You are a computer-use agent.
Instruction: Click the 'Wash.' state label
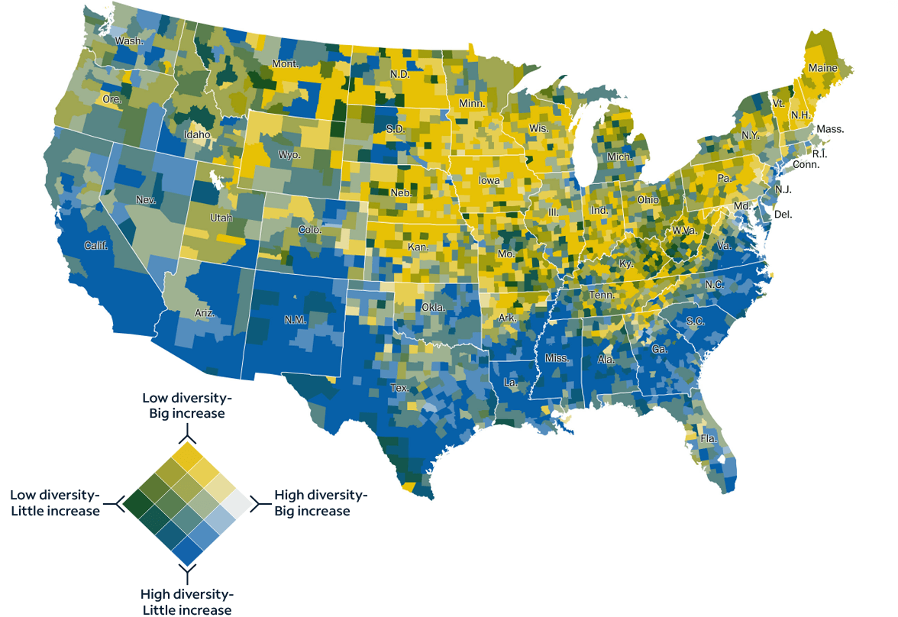[129, 40]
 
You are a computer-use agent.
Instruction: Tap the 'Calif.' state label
[96, 246]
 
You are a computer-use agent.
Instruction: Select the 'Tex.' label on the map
[400, 388]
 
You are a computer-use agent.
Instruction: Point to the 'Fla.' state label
[709, 439]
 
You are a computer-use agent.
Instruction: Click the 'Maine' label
[822, 68]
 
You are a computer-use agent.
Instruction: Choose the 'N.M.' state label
[295, 320]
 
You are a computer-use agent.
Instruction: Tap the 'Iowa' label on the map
[489, 181]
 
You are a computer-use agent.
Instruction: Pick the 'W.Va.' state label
[684, 231]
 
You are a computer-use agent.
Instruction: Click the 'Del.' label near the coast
[783, 215]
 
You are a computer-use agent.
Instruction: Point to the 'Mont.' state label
[286, 64]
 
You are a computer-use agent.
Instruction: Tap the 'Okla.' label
[434, 307]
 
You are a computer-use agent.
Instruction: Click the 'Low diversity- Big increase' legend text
[187, 405]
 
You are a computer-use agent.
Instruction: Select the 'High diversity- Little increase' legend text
[187, 602]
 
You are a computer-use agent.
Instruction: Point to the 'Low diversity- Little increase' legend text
[54, 502]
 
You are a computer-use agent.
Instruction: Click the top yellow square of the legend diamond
[187, 457]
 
